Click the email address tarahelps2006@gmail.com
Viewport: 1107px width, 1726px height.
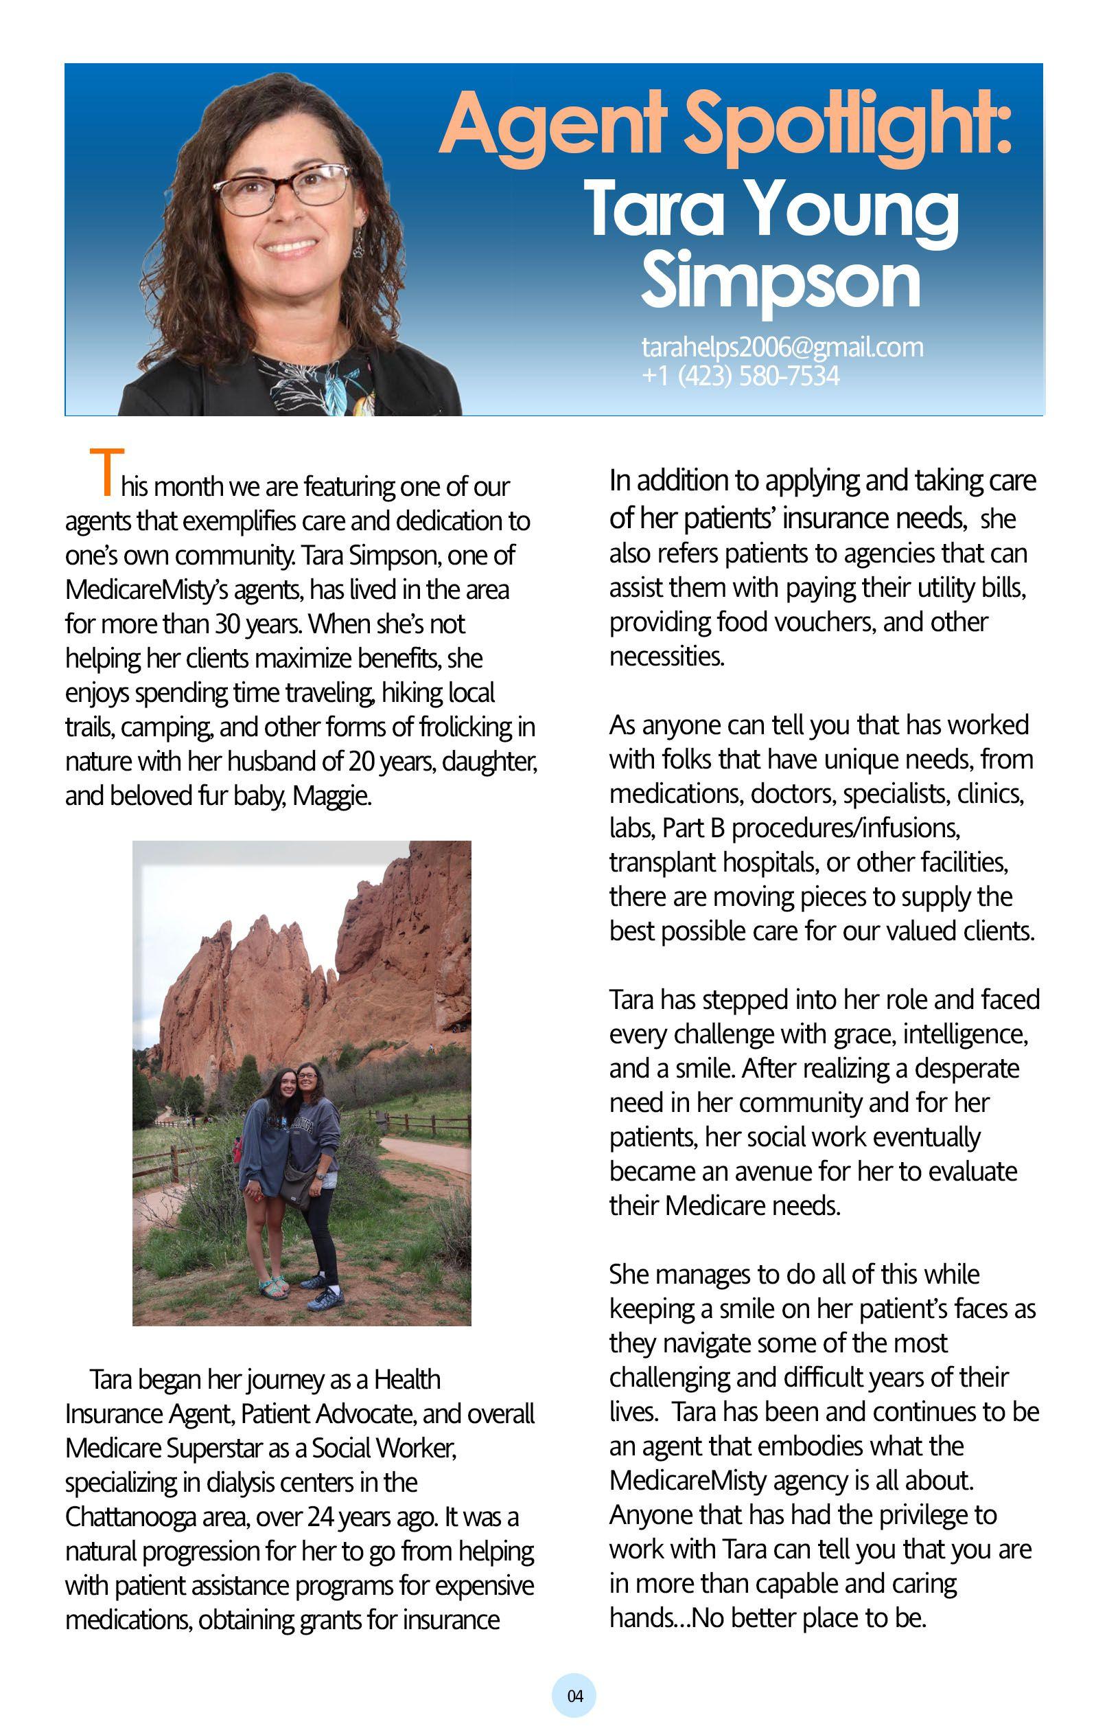point(782,348)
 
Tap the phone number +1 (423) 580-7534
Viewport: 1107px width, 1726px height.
point(741,376)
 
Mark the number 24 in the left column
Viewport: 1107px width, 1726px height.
point(321,1517)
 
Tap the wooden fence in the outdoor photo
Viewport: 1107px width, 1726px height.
point(417,1122)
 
